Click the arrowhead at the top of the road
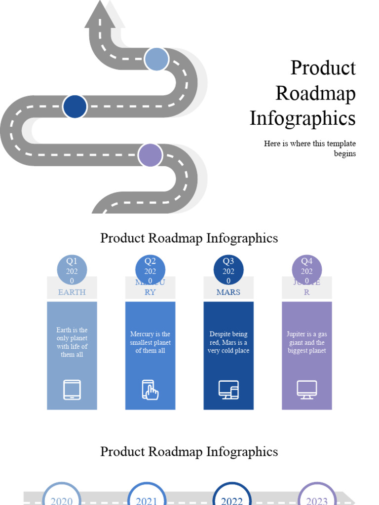(x=100, y=14)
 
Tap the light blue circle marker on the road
(x=156, y=59)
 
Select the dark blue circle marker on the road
(x=75, y=106)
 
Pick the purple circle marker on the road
(x=150, y=155)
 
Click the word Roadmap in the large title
(x=315, y=93)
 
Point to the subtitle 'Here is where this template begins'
(x=309, y=148)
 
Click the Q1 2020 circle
(x=72, y=271)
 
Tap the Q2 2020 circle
(x=150, y=271)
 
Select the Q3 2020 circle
(x=228, y=271)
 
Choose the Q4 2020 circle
(x=307, y=271)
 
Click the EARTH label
(x=72, y=292)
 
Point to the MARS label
(x=228, y=292)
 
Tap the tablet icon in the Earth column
(x=72, y=390)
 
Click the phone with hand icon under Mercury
(x=150, y=390)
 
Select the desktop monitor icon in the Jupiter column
(x=307, y=390)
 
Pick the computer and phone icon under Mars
(x=228, y=390)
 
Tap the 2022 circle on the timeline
(x=232, y=497)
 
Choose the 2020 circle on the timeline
(x=62, y=497)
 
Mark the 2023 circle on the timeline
(x=317, y=497)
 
